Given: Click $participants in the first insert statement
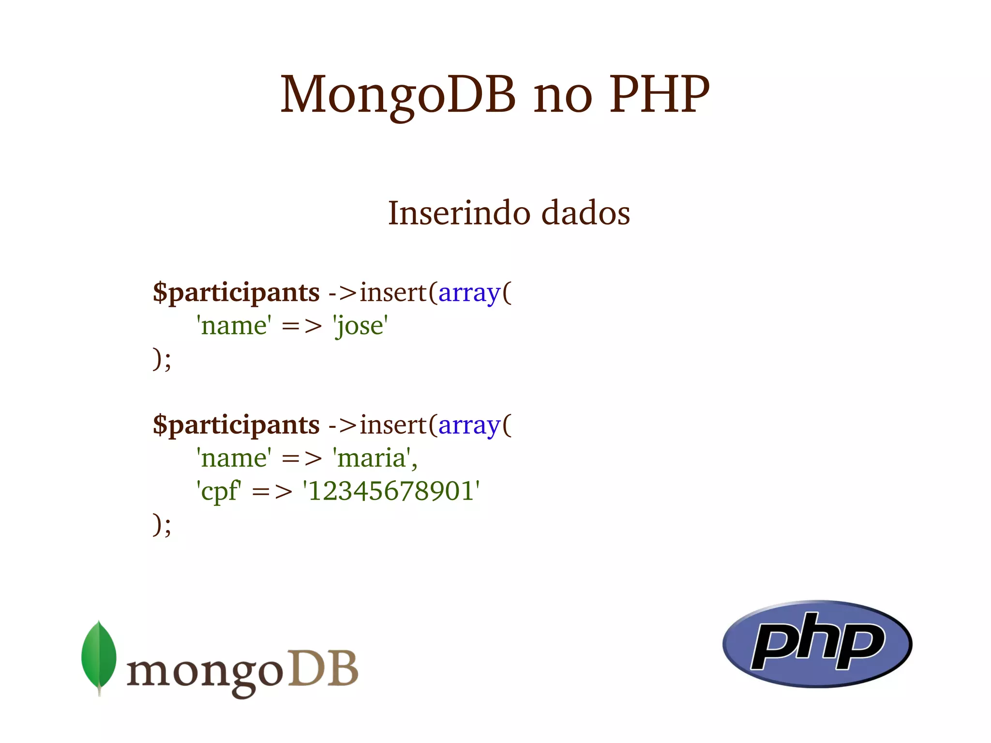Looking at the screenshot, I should (x=236, y=293).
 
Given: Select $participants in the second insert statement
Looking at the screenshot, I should (x=236, y=425).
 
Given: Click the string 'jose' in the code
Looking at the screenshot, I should (x=360, y=325).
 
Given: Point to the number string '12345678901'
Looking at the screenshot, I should (x=391, y=491).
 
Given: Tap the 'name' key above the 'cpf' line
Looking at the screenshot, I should (x=234, y=458).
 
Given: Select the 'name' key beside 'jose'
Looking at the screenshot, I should (x=234, y=325).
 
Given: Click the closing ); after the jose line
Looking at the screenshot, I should (x=162, y=359).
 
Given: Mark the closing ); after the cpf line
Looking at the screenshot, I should (x=162, y=525).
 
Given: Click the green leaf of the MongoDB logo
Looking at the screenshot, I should (x=99, y=656).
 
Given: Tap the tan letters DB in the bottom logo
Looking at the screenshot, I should (x=323, y=669).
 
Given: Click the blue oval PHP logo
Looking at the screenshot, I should (x=817, y=644).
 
